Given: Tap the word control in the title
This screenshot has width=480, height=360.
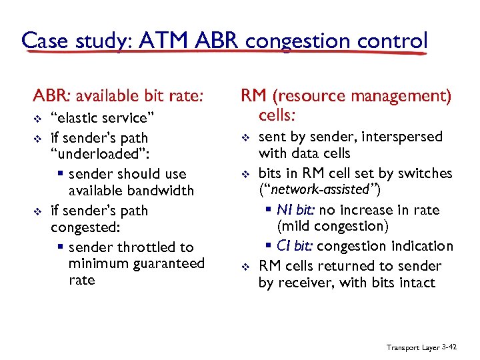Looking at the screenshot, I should (x=391, y=41).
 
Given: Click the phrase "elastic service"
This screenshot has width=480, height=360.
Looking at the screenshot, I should (x=103, y=118).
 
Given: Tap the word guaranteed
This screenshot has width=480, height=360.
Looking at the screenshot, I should (x=169, y=263).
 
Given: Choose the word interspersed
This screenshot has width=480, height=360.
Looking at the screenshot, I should (x=405, y=137).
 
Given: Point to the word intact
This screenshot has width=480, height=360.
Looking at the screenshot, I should (x=417, y=283).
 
